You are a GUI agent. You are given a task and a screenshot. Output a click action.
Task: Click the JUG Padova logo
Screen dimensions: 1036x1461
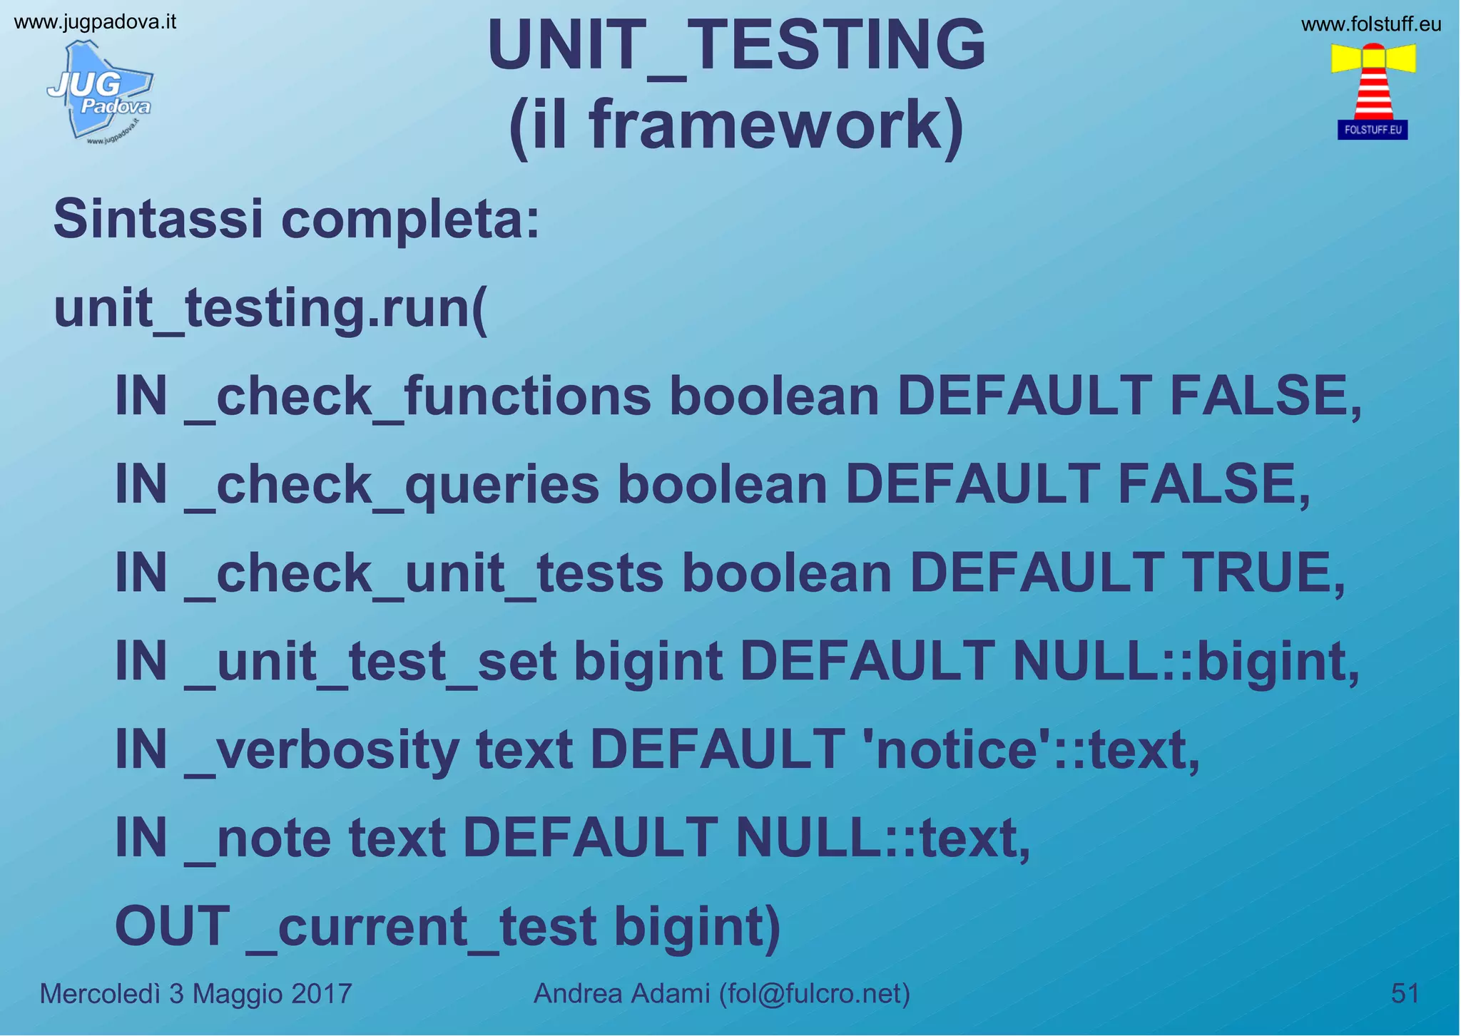(101, 91)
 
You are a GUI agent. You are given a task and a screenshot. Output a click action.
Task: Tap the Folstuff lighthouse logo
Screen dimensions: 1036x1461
(1373, 90)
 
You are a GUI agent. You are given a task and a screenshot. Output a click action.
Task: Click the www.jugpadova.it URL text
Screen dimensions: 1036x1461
(95, 22)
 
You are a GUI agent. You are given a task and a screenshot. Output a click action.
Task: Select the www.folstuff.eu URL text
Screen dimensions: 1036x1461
(1370, 25)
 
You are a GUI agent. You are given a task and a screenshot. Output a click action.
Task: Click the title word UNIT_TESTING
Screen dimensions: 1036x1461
(735, 46)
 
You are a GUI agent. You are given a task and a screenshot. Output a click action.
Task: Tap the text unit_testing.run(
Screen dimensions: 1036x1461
(270, 309)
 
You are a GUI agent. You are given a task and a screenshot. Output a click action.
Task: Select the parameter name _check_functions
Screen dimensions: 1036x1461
(418, 397)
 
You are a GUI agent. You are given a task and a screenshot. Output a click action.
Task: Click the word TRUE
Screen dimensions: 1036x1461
(1262, 573)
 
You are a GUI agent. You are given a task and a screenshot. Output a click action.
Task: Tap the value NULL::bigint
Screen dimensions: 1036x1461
(1185, 661)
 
